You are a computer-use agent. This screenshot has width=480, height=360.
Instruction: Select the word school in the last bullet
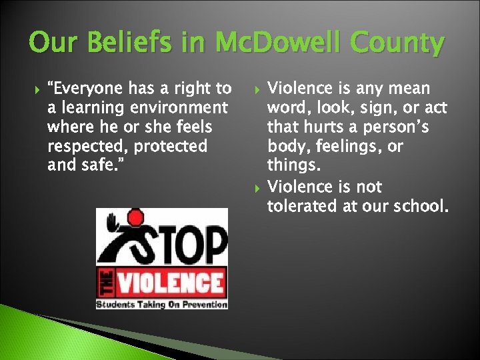click(414, 206)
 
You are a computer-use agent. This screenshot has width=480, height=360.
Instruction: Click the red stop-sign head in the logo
click(136, 217)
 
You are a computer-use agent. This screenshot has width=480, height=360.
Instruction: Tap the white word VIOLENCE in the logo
click(169, 282)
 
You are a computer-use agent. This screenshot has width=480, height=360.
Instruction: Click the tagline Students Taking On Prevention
click(161, 304)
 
